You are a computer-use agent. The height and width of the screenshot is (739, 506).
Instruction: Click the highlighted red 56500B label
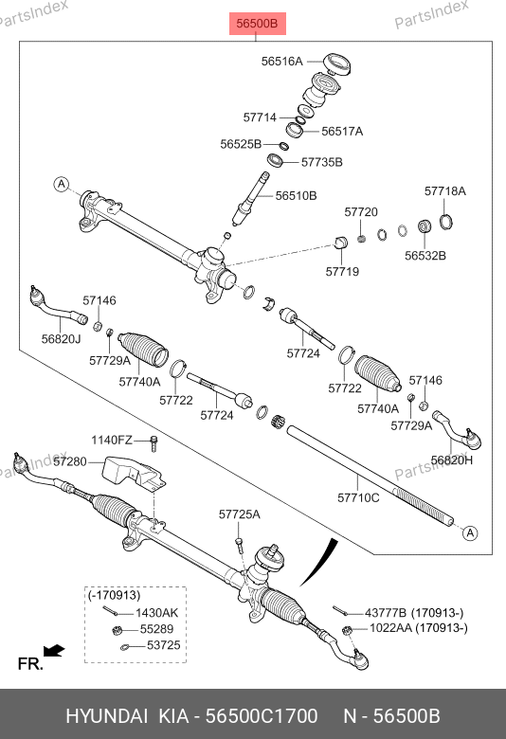pyautogui.click(x=258, y=23)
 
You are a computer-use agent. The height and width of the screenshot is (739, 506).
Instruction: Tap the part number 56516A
pyautogui.click(x=282, y=62)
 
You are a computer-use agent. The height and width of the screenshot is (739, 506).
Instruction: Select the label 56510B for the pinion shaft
pyautogui.click(x=297, y=195)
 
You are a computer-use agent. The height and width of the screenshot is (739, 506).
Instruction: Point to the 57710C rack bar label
pyautogui.click(x=358, y=497)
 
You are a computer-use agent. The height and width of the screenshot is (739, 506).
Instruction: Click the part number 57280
pyautogui.click(x=70, y=461)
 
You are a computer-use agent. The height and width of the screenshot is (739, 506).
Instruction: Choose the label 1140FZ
pyautogui.click(x=112, y=441)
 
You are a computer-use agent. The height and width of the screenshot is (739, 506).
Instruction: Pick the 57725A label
pyautogui.click(x=240, y=514)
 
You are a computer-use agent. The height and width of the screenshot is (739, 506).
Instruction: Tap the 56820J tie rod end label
pyautogui.click(x=62, y=339)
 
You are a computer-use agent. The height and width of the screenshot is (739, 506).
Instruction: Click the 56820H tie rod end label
pyautogui.click(x=452, y=460)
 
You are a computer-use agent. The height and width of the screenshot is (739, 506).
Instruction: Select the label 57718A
pyautogui.click(x=445, y=190)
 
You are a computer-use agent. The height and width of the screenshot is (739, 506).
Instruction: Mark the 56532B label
pyautogui.click(x=425, y=256)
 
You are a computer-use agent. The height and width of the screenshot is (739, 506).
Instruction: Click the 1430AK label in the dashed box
pyautogui.click(x=157, y=613)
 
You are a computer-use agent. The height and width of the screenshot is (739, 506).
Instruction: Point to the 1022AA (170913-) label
pyautogui.click(x=419, y=628)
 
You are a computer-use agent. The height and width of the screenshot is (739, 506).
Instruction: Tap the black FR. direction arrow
pyautogui.click(x=54, y=651)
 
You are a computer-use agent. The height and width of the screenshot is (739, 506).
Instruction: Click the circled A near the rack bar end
pyautogui.click(x=470, y=533)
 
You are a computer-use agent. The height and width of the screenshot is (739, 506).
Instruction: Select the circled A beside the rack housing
pyautogui.click(x=62, y=184)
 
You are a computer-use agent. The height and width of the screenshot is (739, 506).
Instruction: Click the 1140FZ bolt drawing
pyautogui.click(x=154, y=443)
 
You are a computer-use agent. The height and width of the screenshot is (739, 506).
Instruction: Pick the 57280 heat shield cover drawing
pyautogui.click(x=134, y=474)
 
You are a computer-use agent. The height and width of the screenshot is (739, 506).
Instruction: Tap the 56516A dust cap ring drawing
pyautogui.click(x=336, y=64)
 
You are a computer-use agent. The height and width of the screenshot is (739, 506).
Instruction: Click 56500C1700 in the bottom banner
pyautogui.click(x=262, y=716)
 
